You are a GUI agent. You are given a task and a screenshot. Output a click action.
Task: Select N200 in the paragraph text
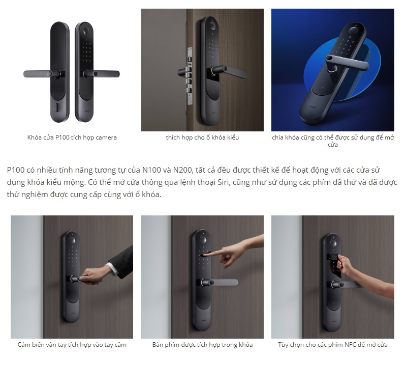[x=182, y=170]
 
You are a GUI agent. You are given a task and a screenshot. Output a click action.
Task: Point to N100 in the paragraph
[x=152, y=170]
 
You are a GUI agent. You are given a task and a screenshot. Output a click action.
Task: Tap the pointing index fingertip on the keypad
[x=205, y=255]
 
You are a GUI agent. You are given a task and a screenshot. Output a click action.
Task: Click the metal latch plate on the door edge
[x=190, y=76]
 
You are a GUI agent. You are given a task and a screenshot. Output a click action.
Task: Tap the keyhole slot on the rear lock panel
[x=57, y=107]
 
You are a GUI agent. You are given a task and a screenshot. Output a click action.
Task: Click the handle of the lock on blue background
[x=347, y=63]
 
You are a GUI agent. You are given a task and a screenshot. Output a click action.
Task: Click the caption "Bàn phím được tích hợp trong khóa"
[x=202, y=345]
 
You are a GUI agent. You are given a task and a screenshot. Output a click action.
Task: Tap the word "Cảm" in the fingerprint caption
[x=23, y=345]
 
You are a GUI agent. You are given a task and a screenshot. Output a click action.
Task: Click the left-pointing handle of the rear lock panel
[x=42, y=74]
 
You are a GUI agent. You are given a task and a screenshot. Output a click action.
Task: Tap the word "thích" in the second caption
[x=172, y=137]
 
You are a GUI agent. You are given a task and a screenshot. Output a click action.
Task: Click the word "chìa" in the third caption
[x=278, y=137]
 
